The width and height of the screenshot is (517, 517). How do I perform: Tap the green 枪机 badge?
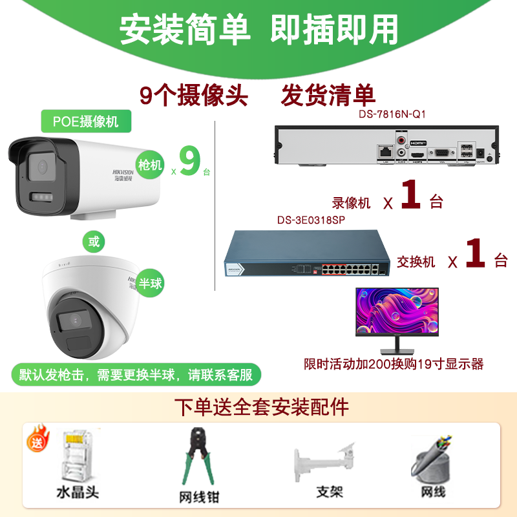[151, 164]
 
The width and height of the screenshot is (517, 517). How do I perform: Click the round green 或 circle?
[94, 242]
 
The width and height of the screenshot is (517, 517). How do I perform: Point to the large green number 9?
[189, 162]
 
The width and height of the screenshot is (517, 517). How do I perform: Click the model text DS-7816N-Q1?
[392, 114]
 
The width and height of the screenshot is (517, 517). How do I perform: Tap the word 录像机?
[352, 202]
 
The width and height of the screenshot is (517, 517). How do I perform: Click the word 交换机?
[416, 261]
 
